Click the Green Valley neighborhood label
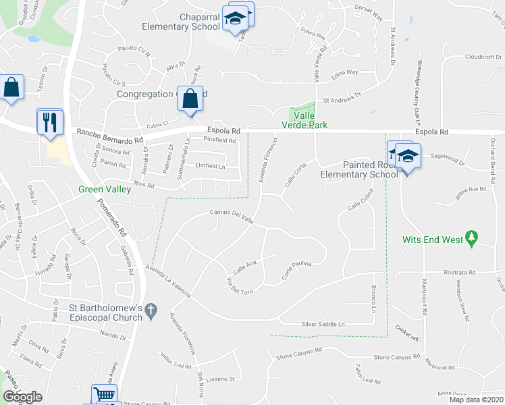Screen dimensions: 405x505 coord(104,190)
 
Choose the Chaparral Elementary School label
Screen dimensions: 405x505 coord(180,22)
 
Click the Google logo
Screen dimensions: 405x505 coord(22,397)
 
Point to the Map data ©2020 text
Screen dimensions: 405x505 coord(477,400)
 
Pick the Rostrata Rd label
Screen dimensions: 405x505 coord(461,272)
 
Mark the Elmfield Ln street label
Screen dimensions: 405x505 coord(209,166)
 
